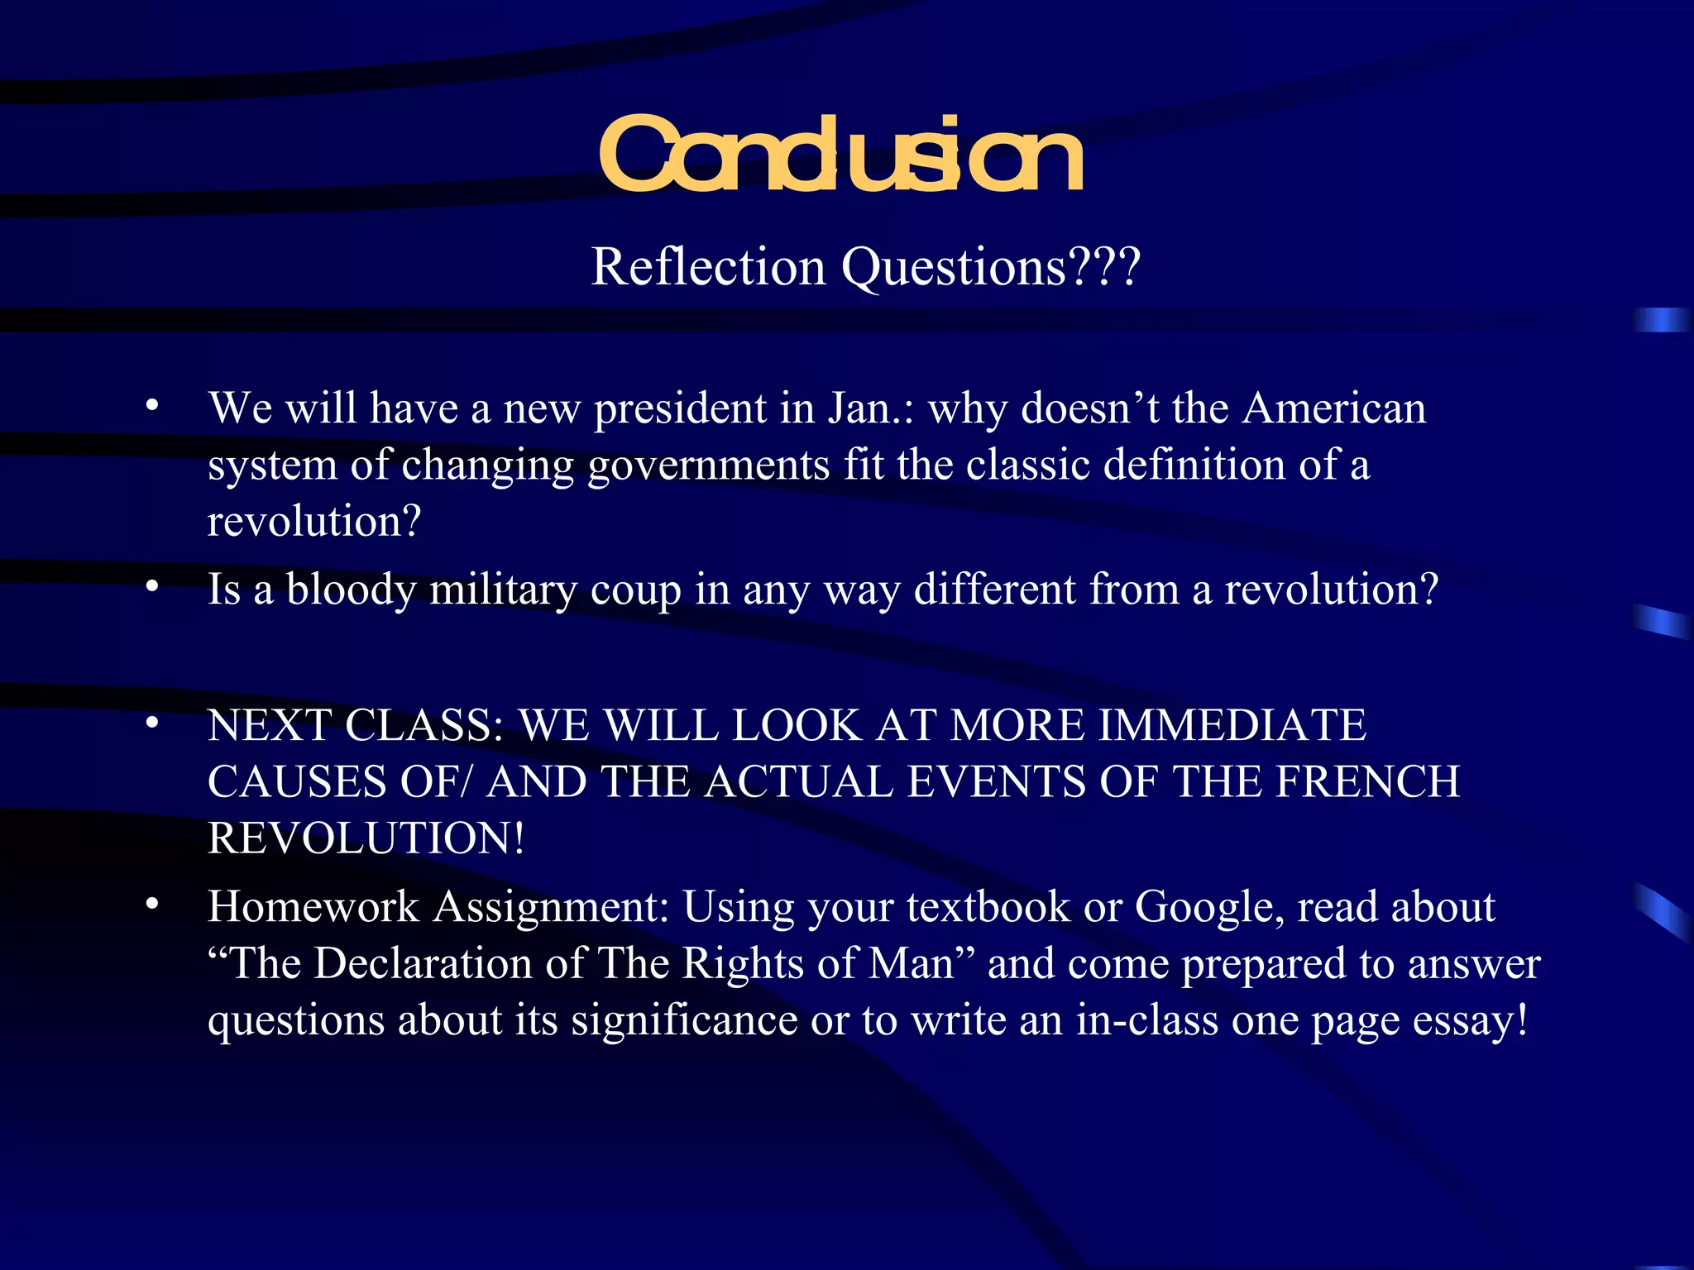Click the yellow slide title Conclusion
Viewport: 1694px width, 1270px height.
click(840, 155)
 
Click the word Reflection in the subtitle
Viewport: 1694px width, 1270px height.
click(708, 267)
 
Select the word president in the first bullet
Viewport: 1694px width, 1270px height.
click(680, 408)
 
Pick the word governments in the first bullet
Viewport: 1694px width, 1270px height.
click(708, 466)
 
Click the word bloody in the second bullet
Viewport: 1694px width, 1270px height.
click(351, 590)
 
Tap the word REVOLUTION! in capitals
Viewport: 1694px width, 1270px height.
click(366, 838)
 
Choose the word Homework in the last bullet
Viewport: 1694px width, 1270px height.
click(313, 907)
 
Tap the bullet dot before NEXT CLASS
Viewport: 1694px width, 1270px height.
click(151, 723)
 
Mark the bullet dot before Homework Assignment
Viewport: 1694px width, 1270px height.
click(151, 905)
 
